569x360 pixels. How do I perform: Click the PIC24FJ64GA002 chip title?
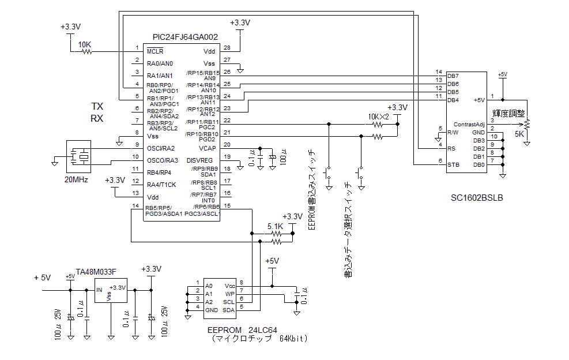pyautogui.click(x=185, y=37)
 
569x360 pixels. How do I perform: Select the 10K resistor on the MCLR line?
pyautogui.click(x=87, y=51)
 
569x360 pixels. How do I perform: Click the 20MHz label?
pyautogui.click(x=76, y=179)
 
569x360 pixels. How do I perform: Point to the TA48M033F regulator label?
pyautogui.click(x=96, y=271)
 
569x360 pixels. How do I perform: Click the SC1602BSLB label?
pyautogui.click(x=477, y=198)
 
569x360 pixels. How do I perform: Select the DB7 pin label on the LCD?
pyautogui.click(x=453, y=76)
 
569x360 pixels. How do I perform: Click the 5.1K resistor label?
pyautogui.click(x=276, y=227)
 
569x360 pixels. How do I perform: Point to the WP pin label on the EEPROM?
pyautogui.click(x=229, y=294)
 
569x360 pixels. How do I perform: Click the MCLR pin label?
pyautogui.click(x=155, y=51)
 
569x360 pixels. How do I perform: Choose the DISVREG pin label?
pyautogui.click(x=199, y=160)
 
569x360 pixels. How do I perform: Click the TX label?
pyautogui.click(x=97, y=107)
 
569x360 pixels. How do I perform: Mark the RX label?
pyautogui.click(x=97, y=118)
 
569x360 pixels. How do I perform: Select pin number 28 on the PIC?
pyautogui.click(x=227, y=47)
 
